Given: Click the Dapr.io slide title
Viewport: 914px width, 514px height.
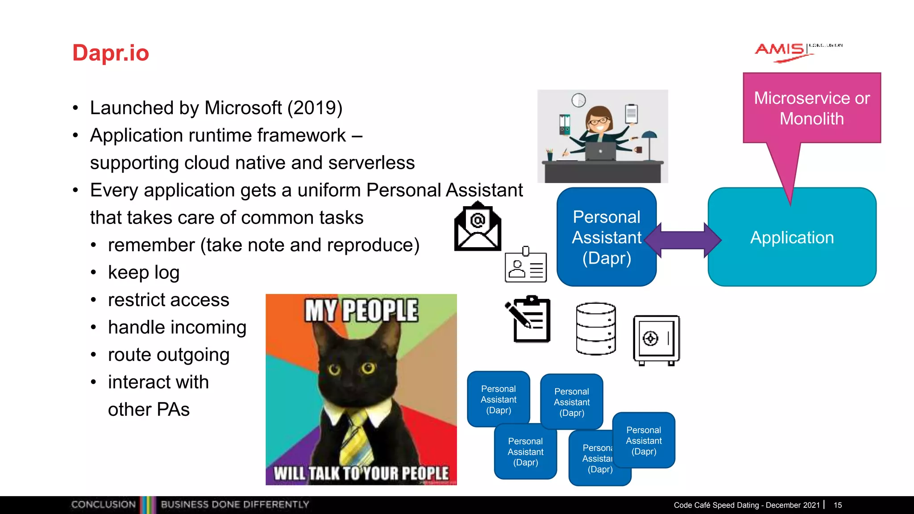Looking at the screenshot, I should [111, 53].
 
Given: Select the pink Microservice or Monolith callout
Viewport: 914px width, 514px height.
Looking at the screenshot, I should [811, 108].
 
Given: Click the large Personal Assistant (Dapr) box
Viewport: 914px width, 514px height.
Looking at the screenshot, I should [606, 237].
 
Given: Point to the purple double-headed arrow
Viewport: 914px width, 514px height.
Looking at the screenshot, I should [682, 240].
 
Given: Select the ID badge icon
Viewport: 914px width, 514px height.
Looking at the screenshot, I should [526, 266].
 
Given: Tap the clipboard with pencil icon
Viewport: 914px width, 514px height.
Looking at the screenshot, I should [529, 319].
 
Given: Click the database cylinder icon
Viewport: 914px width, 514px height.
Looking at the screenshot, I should [596, 329].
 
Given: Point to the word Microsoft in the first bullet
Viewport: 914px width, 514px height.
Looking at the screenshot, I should [243, 108].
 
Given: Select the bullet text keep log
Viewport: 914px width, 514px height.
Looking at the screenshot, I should [143, 272].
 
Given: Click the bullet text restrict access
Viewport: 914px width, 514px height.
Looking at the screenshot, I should [168, 300].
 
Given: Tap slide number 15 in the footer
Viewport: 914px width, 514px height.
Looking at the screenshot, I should [838, 505].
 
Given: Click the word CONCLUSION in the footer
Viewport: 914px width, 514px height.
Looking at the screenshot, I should [103, 505].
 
